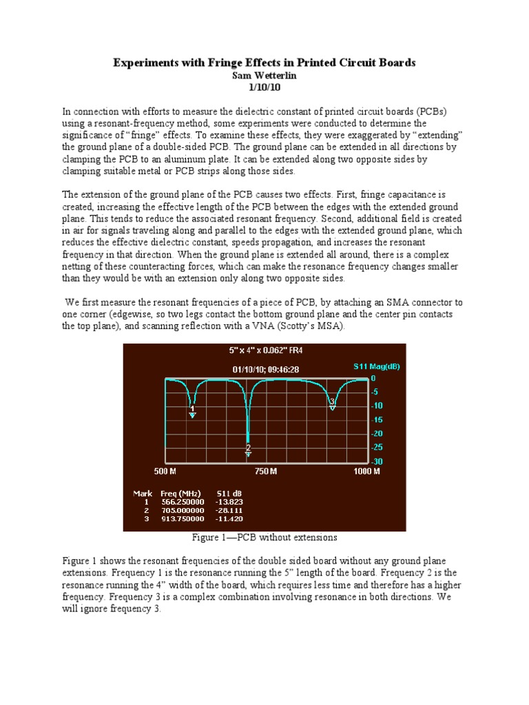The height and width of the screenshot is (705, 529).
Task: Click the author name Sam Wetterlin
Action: click(264, 74)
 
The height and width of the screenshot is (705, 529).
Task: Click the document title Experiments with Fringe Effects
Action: click(264, 63)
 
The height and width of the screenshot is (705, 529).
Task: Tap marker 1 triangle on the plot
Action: click(192, 414)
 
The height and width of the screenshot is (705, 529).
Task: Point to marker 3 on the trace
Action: click(332, 407)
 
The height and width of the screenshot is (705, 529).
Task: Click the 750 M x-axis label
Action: click(266, 472)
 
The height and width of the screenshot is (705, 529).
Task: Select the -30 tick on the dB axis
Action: click(377, 461)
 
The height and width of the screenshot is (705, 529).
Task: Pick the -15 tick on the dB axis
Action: click(377, 419)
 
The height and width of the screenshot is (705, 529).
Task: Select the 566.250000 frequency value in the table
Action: click(182, 502)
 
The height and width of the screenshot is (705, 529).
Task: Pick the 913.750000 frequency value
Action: click(182, 518)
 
